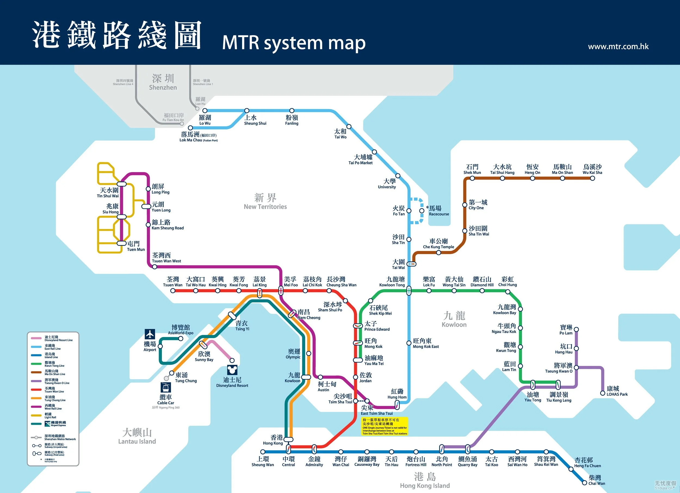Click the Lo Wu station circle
(205, 111)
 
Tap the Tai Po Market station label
(360, 159)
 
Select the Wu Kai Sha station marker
(592, 178)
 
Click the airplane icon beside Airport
(150, 334)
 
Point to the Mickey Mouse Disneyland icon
(232, 370)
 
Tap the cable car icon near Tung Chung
(165, 387)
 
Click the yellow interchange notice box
(385, 426)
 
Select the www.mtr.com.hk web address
(618, 47)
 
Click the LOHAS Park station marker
(602, 393)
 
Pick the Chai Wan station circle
(584, 483)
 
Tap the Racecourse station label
(438, 211)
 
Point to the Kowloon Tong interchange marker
(409, 290)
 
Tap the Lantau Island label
(137, 437)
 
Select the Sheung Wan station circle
(263, 452)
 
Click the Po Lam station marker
(576, 329)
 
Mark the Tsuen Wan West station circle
(154, 267)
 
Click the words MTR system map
(293, 43)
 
